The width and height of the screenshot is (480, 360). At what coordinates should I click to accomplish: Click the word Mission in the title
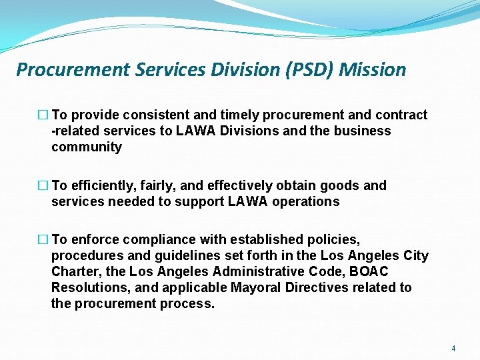372,69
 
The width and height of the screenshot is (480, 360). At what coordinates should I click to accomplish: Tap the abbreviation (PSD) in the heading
311,69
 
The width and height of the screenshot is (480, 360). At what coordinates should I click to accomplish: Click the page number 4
453,349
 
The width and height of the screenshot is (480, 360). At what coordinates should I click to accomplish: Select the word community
87,147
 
